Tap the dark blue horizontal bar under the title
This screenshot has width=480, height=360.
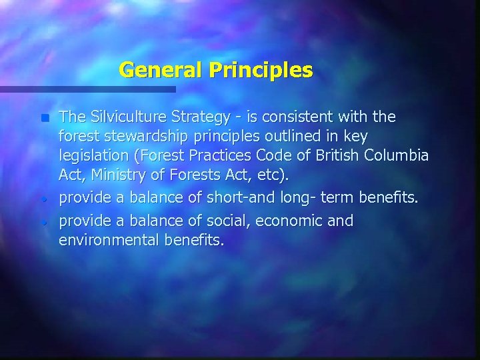[x=87, y=89]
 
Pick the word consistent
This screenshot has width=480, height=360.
[x=301, y=117]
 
